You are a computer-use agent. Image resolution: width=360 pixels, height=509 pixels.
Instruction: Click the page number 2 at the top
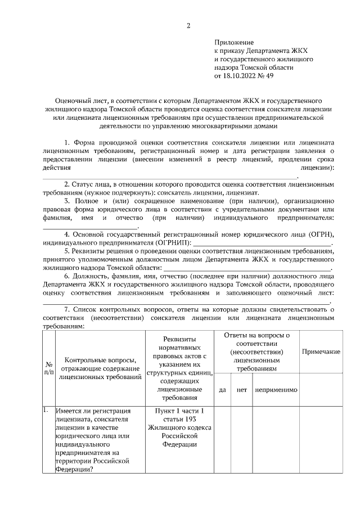[189, 26]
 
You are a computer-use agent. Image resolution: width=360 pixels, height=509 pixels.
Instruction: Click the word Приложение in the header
[234, 42]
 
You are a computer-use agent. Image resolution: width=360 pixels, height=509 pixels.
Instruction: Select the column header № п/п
[48, 368]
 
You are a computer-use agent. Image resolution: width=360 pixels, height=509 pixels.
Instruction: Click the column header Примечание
[321, 352]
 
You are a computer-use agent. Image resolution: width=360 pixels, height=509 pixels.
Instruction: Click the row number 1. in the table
[47, 410]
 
